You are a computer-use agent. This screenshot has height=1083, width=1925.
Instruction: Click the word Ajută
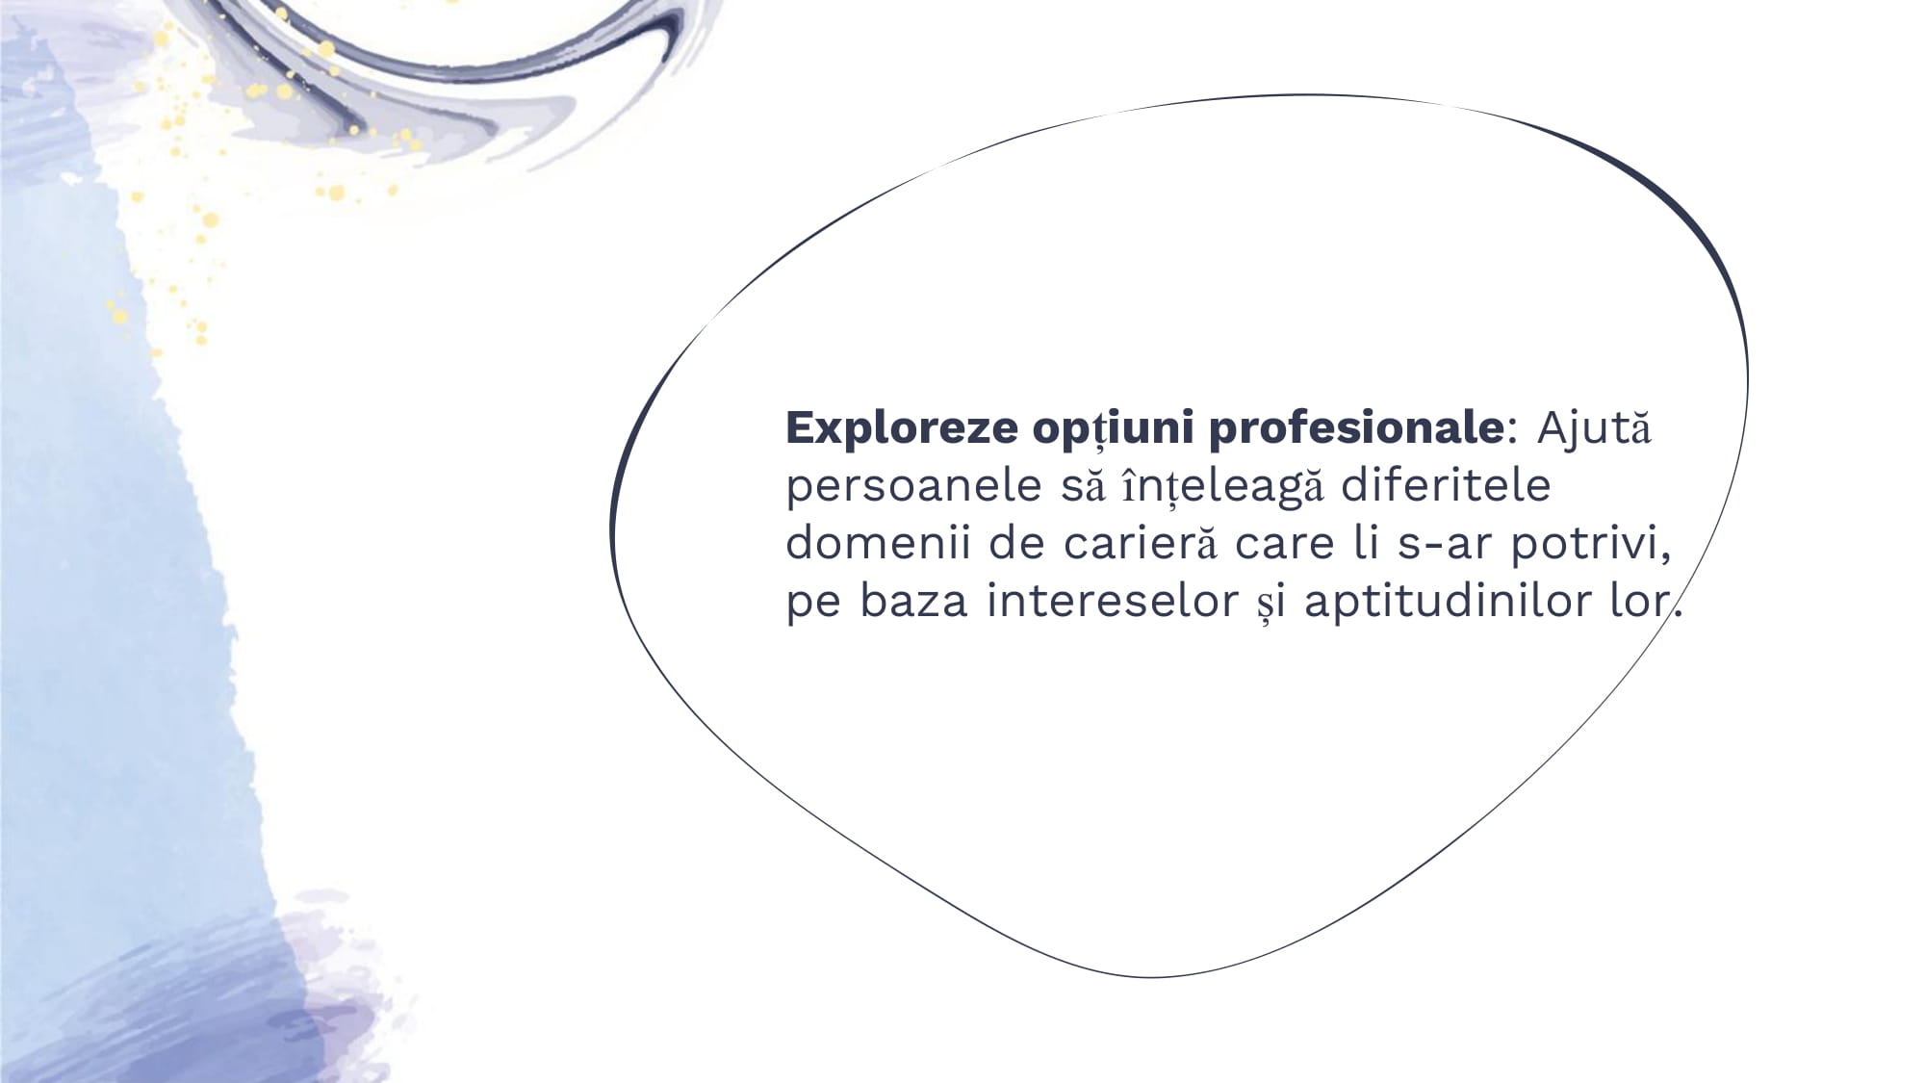point(1594,427)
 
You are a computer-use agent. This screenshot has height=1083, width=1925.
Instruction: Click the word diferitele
point(1446,485)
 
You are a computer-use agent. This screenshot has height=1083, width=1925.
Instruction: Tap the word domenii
point(879,543)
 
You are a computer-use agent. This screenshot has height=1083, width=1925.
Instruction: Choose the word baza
point(913,601)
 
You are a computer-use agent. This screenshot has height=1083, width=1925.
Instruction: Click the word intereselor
point(1113,601)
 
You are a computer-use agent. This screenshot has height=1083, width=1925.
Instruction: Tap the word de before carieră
point(1017,543)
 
